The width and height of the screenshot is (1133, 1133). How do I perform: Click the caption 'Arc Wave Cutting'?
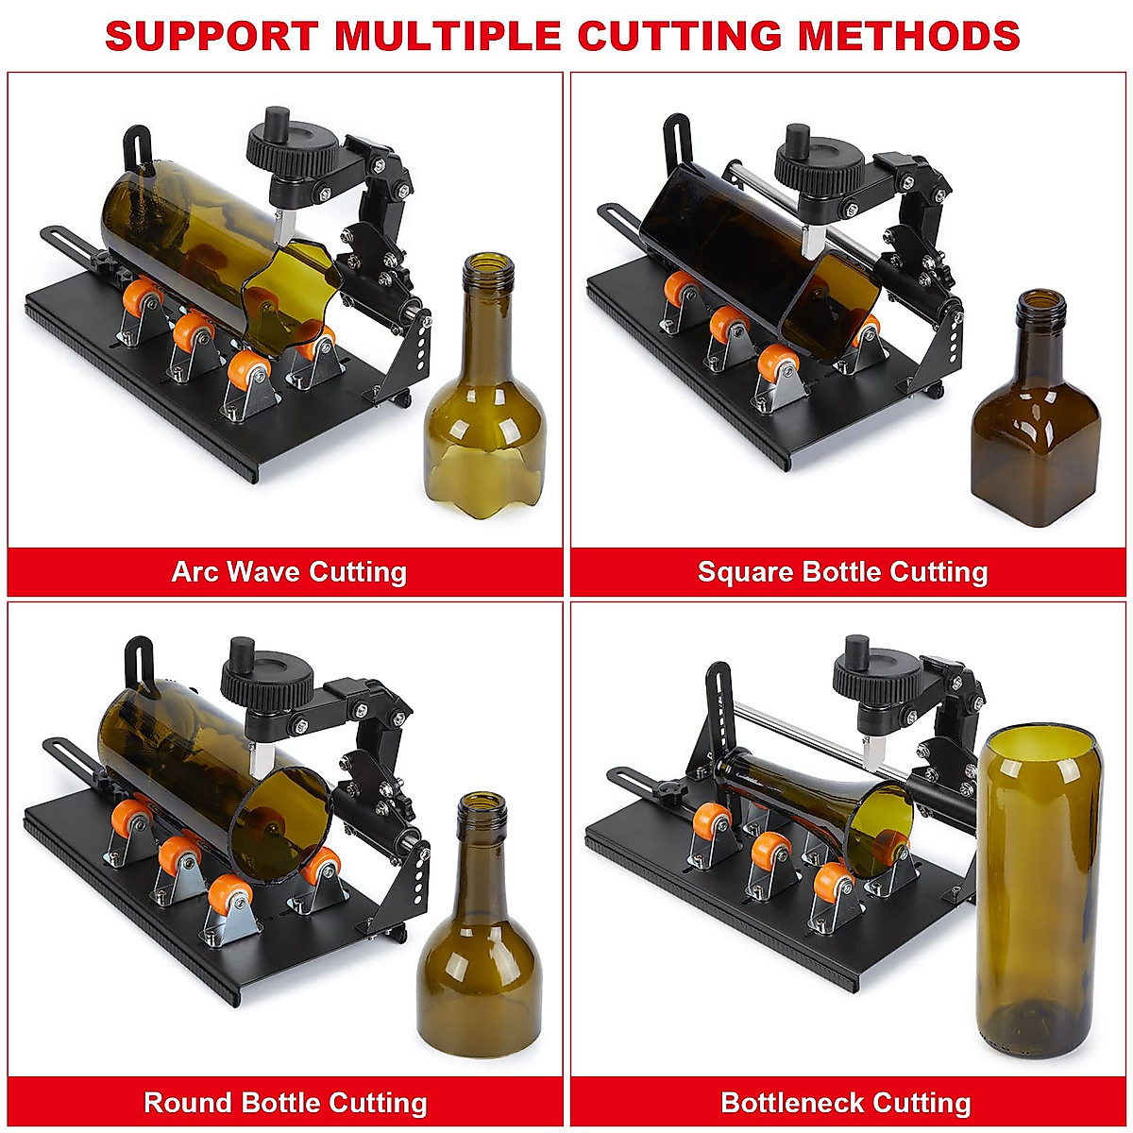pos(289,572)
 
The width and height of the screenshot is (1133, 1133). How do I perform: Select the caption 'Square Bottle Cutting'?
pos(842,572)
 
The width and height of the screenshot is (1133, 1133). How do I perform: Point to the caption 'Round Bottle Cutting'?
pos(285,1103)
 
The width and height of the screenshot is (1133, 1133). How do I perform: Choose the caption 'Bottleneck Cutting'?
pos(846,1103)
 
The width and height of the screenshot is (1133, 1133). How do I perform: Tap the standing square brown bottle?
pos(1036,425)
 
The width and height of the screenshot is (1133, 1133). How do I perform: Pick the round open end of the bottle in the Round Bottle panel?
pos(283,821)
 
